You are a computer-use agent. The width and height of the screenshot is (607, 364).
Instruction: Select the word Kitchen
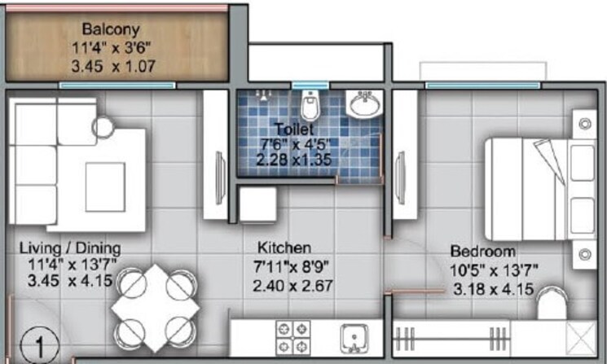[x=284, y=248]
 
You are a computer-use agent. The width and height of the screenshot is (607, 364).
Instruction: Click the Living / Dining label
[x=69, y=248]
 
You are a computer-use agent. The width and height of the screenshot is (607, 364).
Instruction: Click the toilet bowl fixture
[x=309, y=106]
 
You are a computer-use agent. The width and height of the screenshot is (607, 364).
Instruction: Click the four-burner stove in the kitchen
[x=294, y=335]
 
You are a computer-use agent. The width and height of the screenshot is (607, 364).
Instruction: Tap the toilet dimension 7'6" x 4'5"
[x=291, y=143]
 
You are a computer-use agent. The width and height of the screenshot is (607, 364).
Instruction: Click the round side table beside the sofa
[x=103, y=127]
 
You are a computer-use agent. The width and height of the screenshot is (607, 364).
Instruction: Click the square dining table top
[x=156, y=308]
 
